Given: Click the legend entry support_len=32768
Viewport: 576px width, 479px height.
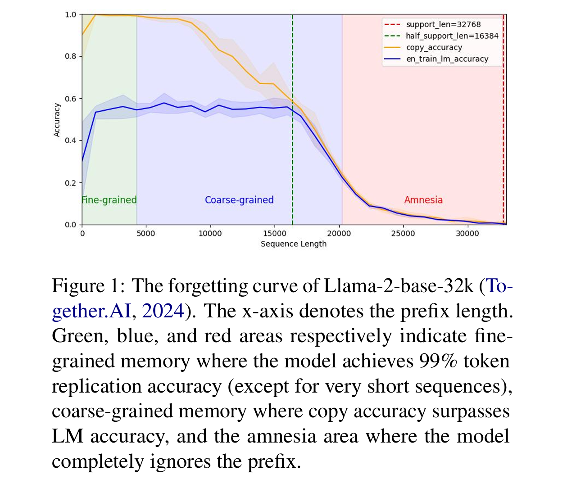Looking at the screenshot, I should tap(443, 24).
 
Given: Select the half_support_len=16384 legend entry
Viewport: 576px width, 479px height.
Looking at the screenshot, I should tap(452, 36).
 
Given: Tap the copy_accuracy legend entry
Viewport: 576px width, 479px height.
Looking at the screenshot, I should tap(434, 47).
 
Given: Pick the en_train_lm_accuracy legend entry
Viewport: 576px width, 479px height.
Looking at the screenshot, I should tap(447, 59).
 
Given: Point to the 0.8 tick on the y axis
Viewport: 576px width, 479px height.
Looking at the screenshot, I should tap(71, 56).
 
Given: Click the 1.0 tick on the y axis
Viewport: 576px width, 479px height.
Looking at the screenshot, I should tap(71, 14).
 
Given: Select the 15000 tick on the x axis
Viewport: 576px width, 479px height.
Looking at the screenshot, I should tap(274, 233).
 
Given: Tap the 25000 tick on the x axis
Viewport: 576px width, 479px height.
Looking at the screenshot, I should tap(403, 233).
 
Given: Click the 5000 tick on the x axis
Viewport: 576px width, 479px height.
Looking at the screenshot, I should tap(146, 233).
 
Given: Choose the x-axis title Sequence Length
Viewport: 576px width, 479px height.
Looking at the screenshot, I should tap(293, 244).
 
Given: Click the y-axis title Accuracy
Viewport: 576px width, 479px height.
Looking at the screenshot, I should tap(57, 120).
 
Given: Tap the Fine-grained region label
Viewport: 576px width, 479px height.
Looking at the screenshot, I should tap(109, 200).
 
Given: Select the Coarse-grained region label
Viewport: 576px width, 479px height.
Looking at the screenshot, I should tap(239, 200).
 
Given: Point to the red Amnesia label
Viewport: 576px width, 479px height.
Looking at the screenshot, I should tap(423, 200).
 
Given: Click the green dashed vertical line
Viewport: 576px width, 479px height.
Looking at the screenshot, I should tap(293, 135).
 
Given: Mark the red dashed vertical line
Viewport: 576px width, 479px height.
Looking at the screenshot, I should tap(503, 135).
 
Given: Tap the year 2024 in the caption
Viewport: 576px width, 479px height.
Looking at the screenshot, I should tap(163, 311).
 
